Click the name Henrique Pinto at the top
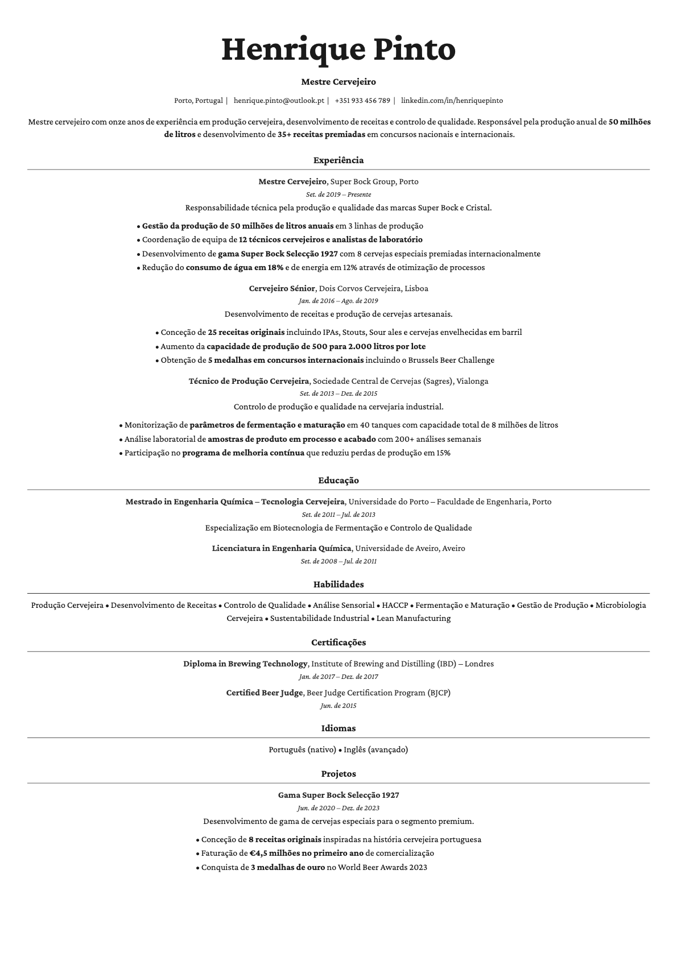[x=338, y=49]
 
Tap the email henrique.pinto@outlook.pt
[x=279, y=101]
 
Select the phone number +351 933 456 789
[x=362, y=101]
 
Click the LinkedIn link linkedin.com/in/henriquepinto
[x=452, y=101]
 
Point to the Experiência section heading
[x=338, y=160]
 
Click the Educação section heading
[x=338, y=480]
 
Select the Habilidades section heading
[x=338, y=585]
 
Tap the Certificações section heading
[x=338, y=643]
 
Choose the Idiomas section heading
[x=338, y=728]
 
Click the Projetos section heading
[x=338, y=774]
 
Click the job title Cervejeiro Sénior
[x=282, y=288]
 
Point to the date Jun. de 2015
[x=338, y=706]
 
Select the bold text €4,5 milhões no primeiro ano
[x=306, y=853]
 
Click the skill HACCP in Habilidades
[x=395, y=605]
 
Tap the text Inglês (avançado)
[x=375, y=749]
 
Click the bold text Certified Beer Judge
[x=265, y=693]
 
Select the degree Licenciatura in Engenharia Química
[x=281, y=548]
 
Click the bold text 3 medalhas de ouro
[x=287, y=867]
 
